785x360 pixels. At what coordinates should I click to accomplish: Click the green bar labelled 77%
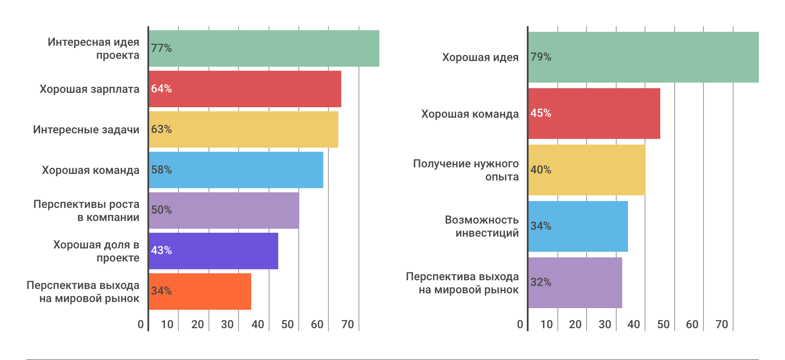pos(264,48)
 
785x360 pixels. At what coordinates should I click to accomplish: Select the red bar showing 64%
pos(245,89)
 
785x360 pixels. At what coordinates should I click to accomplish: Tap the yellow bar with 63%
pos(243,129)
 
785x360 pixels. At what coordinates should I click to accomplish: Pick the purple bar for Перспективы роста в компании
pos(224,211)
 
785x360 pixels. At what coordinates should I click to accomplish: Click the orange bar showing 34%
pos(200,292)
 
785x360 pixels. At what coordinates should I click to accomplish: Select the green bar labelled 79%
pos(643,57)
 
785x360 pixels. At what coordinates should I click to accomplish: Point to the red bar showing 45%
pos(594,113)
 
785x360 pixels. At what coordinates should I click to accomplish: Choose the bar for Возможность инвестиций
pos(578,226)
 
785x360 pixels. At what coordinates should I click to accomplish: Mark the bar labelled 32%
pos(575,282)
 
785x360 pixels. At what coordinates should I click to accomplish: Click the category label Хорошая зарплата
pos(89,89)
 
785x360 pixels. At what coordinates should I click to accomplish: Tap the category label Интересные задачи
pos(86,130)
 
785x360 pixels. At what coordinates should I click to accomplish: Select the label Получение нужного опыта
pos(466,170)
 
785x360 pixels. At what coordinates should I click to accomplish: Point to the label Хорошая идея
pos(480,58)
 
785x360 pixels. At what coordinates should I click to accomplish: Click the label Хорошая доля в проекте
pos(96,251)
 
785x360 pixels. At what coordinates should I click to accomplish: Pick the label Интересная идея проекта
pos(94,48)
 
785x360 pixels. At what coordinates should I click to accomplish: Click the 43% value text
pos(161,251)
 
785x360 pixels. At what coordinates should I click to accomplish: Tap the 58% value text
pos(161,170)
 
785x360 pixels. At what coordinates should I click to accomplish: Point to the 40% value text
pos(541,170)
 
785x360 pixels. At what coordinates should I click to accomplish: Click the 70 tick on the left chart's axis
pos(348,324)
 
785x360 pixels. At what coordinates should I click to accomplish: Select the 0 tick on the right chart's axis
pos(520,324)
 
